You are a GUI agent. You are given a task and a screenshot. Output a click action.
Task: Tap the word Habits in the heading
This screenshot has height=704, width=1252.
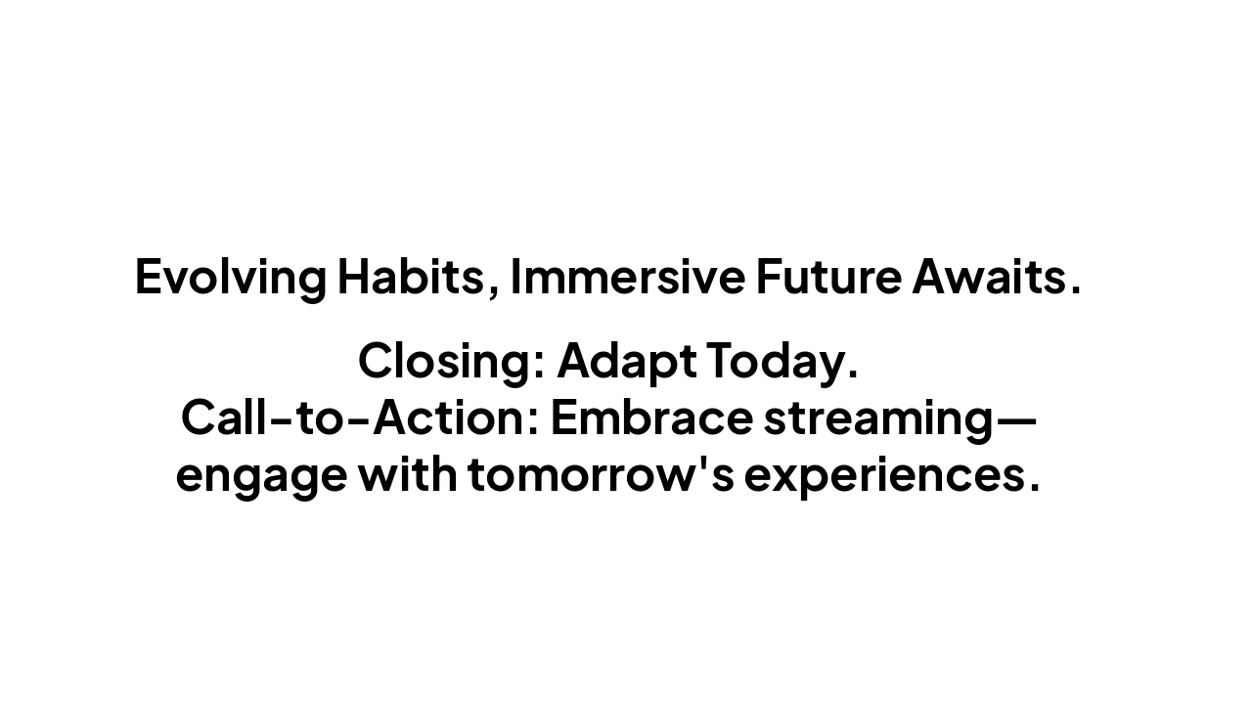pos(410,277)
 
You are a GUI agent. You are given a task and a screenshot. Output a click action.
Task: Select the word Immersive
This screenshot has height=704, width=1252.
pos(627,277)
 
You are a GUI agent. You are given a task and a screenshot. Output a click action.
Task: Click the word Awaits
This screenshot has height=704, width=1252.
pos(990,277)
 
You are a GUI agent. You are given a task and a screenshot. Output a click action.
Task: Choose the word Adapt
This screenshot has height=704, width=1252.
pos(626,361)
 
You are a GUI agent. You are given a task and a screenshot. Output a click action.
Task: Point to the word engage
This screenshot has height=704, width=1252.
pos(261,475)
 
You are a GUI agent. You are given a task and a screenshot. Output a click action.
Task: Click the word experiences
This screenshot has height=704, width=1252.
pos(883,475)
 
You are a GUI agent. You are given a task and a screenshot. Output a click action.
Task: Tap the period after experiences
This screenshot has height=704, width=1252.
pos(1034,487)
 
